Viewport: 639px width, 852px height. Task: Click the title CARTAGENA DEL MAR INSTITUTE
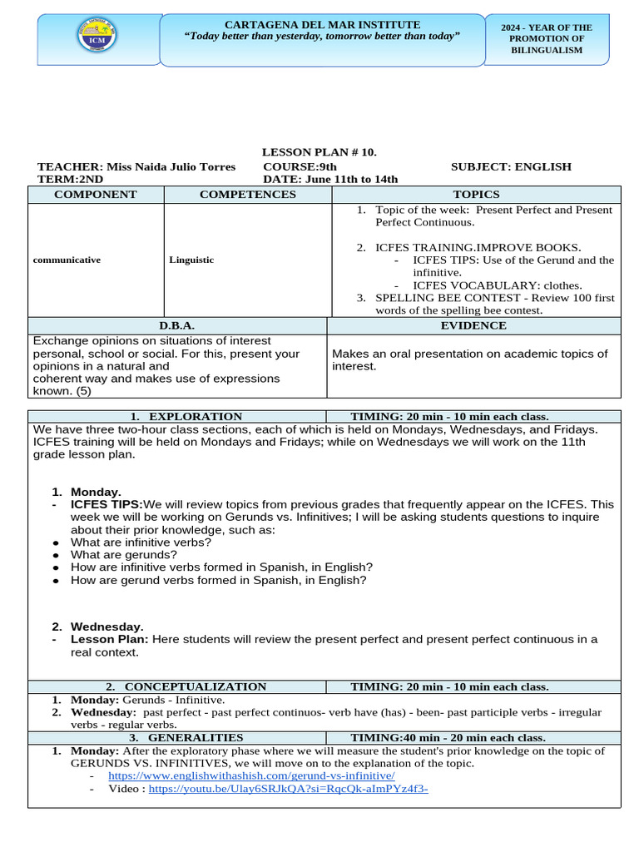pos(322,25)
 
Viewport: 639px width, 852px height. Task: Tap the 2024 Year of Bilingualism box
pos(546,39)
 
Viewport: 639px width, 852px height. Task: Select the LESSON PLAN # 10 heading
pos(319,151)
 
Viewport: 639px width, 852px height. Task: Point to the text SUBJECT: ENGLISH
pos(511,166)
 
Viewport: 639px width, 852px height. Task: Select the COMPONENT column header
pos(96,195)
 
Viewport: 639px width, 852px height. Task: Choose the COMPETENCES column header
pos(247,195)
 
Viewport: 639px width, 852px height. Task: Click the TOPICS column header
pos(476,195)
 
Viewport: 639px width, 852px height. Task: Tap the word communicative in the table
pos(67,260)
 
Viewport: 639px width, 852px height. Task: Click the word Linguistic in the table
pos(191,260)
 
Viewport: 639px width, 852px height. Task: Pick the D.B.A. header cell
pos(177,326)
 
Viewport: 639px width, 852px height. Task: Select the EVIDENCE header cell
pos(474,326)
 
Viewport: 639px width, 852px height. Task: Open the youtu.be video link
pos(288,789)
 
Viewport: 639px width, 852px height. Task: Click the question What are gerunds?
pos(124,555)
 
